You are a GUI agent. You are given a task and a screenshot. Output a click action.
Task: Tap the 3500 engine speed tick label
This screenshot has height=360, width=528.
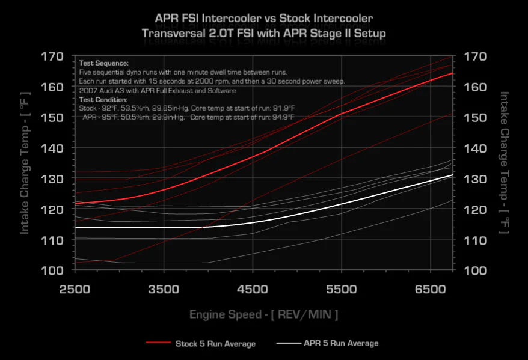point(164,289)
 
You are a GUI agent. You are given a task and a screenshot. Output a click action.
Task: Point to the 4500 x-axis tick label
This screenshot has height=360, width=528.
point(253,289)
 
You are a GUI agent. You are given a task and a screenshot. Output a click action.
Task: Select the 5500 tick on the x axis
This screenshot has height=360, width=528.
point(342,289)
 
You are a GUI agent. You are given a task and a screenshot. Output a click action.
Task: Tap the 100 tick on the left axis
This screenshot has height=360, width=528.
point(52,270)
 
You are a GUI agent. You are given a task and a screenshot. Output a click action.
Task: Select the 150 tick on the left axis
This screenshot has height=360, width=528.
point(52,118)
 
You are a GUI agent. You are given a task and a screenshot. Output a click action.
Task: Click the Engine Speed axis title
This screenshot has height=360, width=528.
point(263,314)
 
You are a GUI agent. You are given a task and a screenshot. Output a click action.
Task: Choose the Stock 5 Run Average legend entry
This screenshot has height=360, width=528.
point(215,344)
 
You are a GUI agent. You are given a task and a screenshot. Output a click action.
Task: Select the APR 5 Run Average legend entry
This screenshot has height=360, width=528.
point(341,343)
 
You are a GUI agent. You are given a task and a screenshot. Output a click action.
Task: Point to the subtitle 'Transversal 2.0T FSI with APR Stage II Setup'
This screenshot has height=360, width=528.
point(264,34)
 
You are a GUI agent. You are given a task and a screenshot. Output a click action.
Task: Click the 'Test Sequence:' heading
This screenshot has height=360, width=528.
point(103,63)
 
